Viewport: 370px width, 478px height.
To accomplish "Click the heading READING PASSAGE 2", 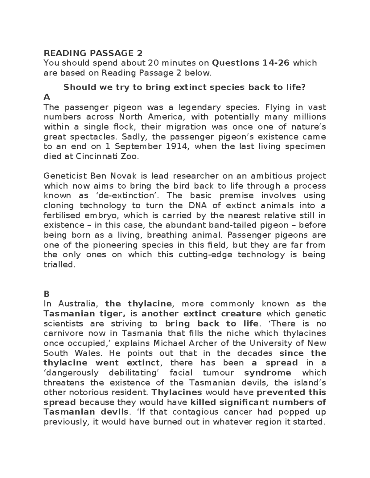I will coord(93,53).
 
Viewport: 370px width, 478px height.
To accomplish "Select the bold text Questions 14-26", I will coord(251,63).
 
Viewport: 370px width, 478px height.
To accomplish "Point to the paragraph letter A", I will coord(47,97).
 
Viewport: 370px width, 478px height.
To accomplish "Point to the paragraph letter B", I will coord(47,294).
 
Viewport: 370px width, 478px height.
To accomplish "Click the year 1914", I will coord(177,147).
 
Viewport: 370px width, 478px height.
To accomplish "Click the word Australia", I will coord(78,304).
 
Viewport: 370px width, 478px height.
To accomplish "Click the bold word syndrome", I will coord(267,373).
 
